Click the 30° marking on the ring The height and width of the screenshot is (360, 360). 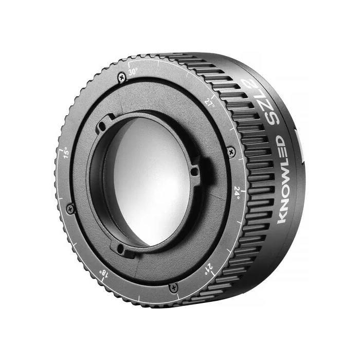tap(133, 72)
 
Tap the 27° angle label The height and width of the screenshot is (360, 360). tap(210, 103)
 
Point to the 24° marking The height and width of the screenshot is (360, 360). tap(237, 192)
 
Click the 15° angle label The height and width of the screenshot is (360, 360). tap(66, 152)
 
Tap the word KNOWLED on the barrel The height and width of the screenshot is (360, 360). tap(282, 179)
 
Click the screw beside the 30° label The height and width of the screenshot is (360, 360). tap(122, 77)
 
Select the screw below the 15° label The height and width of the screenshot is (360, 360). tap(70, 209)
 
